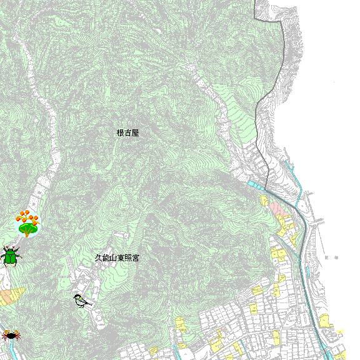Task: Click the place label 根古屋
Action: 127,133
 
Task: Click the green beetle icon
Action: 11,256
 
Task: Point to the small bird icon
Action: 81,301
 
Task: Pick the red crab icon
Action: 11,336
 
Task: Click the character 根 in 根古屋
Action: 120,133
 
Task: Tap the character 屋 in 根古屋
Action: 135,133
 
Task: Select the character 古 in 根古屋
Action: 127,133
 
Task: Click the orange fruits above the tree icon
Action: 27,217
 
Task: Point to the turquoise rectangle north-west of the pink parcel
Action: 256,185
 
